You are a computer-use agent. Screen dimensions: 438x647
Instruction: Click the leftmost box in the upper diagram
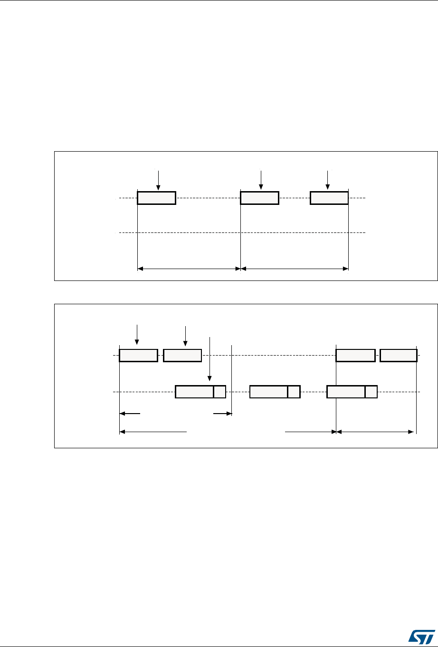(156, 198)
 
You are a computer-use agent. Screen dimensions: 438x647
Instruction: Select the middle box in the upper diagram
(259, 198)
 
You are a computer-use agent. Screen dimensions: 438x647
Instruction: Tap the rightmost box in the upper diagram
(329, 198)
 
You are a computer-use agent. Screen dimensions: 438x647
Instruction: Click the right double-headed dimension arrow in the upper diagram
(295, 269)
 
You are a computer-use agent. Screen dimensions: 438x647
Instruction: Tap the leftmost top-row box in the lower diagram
(138, 355)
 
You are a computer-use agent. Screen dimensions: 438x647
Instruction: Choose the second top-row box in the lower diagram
(182, 355)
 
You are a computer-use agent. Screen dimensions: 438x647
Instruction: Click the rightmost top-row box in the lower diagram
(399, 355)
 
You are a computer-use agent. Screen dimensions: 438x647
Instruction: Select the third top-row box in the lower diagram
(355, 355)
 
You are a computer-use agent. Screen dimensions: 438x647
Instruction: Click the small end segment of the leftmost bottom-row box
(219, 392)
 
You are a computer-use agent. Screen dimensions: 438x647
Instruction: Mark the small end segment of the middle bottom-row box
(294, 392)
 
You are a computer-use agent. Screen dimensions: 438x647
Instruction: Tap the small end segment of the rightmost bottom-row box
(371, 392)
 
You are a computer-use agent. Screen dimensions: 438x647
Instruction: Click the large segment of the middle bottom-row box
(268, 392)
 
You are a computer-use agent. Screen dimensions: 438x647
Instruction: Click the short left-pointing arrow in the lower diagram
(130, 414)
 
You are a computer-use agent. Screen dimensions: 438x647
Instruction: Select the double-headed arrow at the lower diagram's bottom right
(375, 432)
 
